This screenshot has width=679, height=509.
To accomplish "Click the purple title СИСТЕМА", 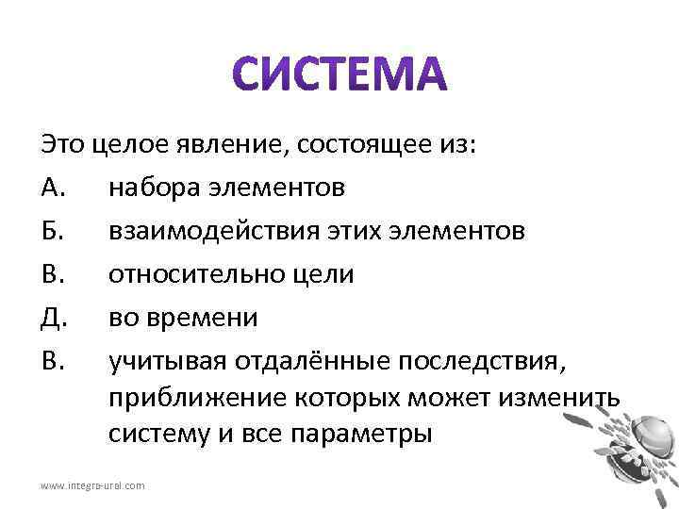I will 339,76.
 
